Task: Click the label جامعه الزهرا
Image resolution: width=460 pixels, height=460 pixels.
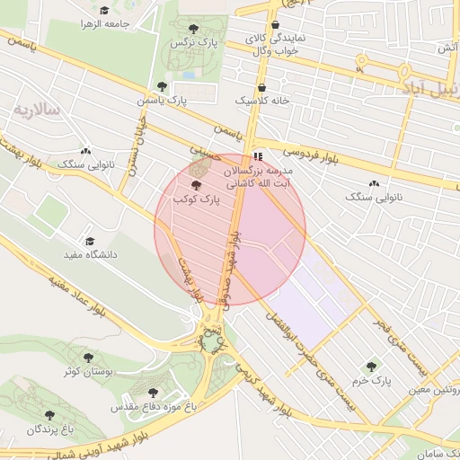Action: click(x=105, y=22)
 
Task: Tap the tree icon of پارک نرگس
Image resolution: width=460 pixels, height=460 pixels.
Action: click(x=197, y=28)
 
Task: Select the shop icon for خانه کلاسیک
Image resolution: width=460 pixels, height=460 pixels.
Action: click(x=261, y=88)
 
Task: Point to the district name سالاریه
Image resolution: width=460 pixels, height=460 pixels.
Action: click(x=36, y=110)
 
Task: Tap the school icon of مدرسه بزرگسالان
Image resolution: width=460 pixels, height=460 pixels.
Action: click(x=259, y=155)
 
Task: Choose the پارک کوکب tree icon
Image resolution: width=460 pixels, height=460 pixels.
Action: click(x=197, y=183)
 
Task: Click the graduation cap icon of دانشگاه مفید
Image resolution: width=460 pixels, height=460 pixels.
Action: click(x=89, y=242)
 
